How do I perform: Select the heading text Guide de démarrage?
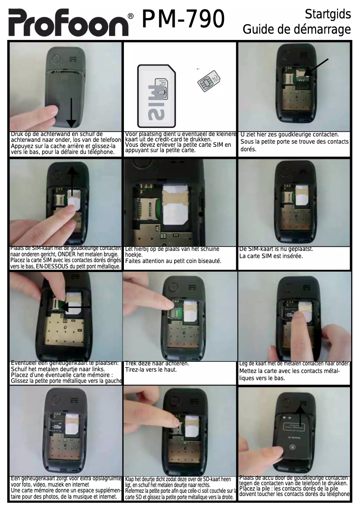(x=297, y=30)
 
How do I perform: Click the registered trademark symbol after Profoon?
(x=131, y=16)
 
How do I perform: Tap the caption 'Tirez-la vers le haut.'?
(x=151, y=369)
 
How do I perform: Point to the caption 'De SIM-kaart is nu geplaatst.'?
(x=276, y=249)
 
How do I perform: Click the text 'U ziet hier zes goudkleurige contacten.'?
(x=290, y=134)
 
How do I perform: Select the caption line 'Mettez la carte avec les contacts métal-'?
(x=290, y=371)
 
